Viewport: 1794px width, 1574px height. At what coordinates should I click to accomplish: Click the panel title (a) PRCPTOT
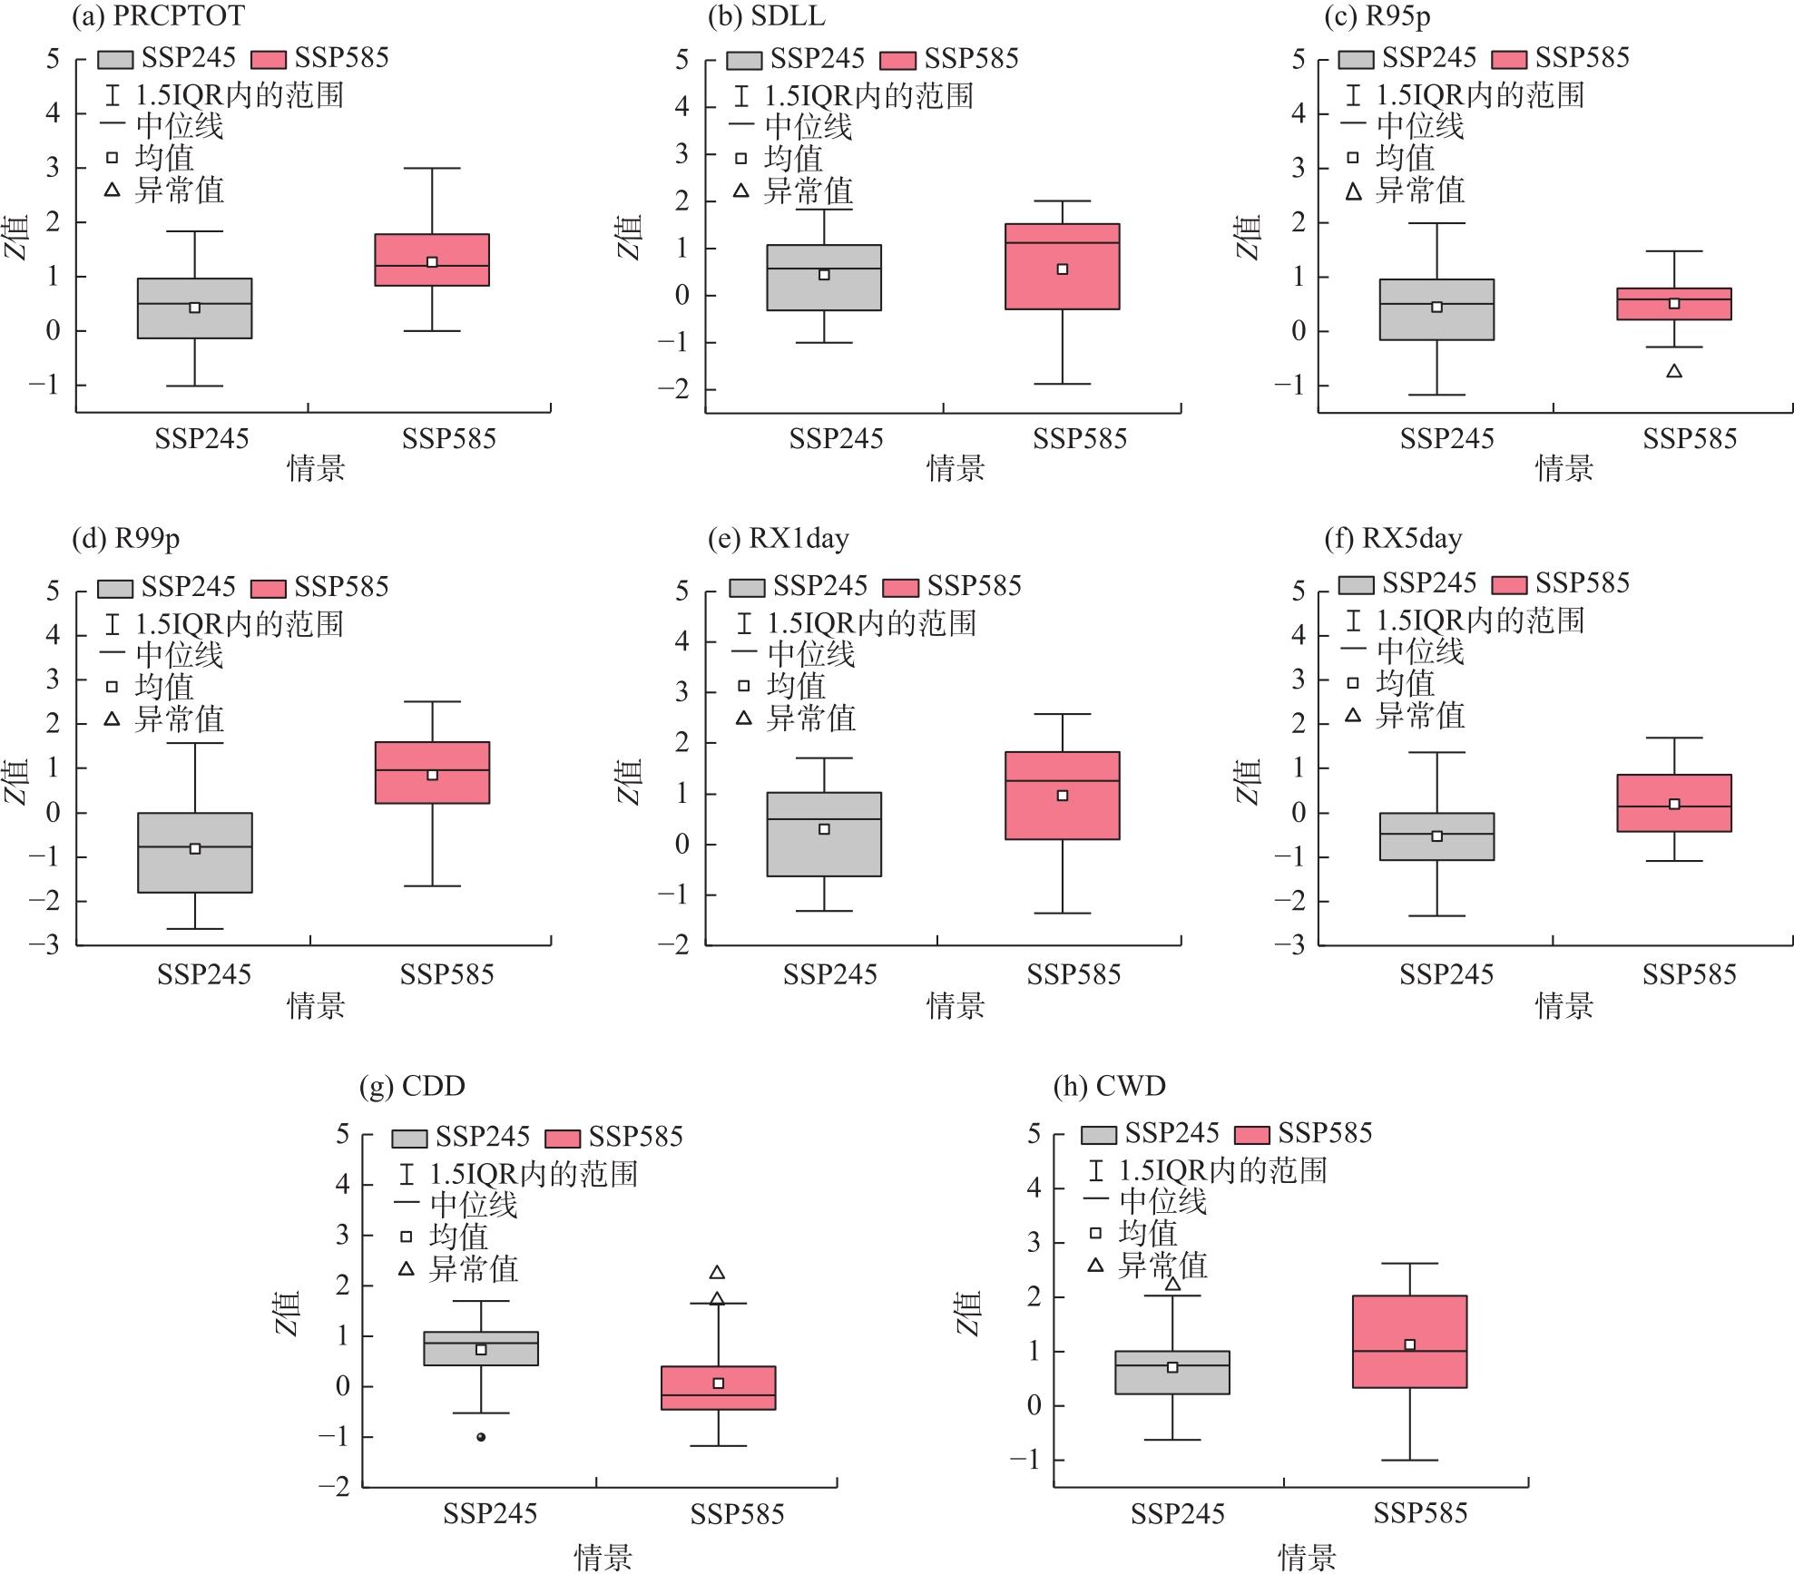click(158, 15)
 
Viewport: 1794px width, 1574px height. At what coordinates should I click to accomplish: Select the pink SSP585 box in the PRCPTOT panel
click(432, 260)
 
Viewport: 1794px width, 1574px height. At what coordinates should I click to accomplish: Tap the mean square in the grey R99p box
click(195, 848)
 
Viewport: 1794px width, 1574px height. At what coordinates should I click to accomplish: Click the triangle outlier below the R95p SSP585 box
click(1674, 371)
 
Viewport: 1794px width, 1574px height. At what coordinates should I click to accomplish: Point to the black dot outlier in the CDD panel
click(481, 1437)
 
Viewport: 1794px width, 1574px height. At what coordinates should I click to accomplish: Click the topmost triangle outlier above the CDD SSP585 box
click(717, 1273)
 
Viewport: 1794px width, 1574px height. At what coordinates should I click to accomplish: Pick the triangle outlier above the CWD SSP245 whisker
click(1172, 1284)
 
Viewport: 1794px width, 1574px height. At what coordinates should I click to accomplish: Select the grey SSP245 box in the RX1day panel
click(824, 835)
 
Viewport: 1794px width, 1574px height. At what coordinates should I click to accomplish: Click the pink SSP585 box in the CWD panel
click(1409, 1341)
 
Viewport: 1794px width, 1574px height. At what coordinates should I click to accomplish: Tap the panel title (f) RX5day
click(1393, 539)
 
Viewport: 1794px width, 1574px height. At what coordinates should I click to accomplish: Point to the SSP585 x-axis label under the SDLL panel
click(1079, 439)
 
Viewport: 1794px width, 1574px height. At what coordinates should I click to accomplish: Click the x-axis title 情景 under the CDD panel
click(603, 1557)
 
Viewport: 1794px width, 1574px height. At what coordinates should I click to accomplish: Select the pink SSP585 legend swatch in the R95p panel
click(1509, 59)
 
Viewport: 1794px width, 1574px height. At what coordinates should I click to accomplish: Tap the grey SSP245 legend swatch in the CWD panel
click(1099, 1134)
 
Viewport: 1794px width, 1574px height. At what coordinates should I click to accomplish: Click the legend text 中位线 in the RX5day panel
click(1420, 650)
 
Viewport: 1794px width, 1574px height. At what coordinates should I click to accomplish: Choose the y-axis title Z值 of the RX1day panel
click(631, 782)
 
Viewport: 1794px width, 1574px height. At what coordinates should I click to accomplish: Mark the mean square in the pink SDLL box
click(1062, 269)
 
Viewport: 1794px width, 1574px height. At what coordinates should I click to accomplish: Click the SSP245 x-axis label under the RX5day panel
click(1446, 974)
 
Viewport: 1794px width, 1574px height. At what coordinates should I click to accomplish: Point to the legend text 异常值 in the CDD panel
click(473, 1268)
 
